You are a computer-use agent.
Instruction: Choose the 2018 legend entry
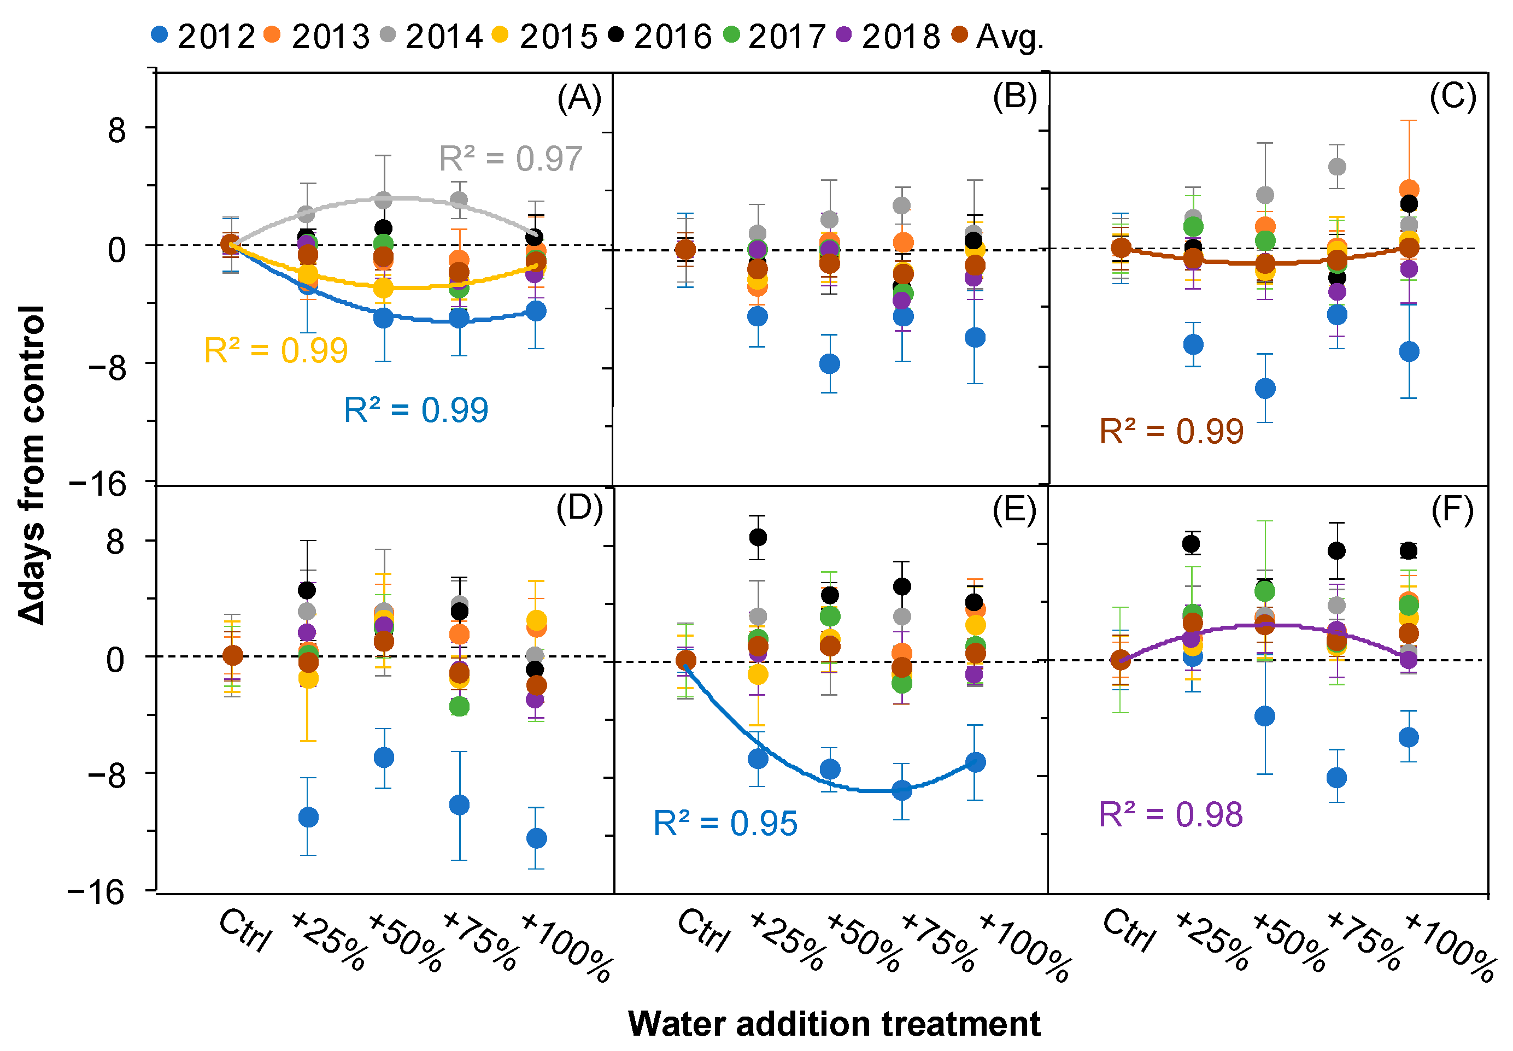point(888,36)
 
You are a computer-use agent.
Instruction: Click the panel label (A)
point(579,99)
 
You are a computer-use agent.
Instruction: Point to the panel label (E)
point(1014,510)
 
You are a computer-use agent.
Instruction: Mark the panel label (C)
point(1452,97)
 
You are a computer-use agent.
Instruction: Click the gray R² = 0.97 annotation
point(511,158)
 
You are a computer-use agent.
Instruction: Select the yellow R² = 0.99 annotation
point(276,350)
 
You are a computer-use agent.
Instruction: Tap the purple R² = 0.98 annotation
point(1171,814)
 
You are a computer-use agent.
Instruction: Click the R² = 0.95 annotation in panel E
point(725,823)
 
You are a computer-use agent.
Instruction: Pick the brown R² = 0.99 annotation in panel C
point(1171,432)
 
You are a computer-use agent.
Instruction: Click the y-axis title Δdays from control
point(32,464)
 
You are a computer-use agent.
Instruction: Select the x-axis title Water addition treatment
point(834,1024)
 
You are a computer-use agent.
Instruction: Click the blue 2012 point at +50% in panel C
point(1265,389)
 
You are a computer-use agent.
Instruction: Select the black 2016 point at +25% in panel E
point(758,537)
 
